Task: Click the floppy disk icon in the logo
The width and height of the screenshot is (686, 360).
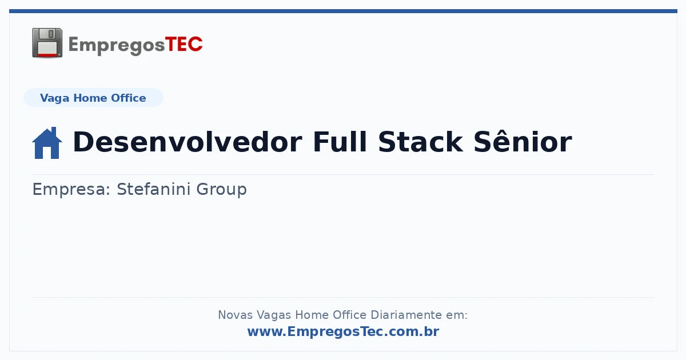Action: pos(47,43)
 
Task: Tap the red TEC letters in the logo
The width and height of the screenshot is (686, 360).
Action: pos(184,45)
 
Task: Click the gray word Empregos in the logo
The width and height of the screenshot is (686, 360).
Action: pos(117,46)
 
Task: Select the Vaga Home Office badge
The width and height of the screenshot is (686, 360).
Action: pos(93,98)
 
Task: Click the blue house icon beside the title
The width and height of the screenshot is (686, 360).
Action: pos(47,143)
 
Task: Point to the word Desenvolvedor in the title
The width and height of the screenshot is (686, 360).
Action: pos(188,142)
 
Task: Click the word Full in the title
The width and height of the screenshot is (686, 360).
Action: pos(340,142)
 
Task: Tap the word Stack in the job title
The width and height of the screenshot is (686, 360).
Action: pos(421,142)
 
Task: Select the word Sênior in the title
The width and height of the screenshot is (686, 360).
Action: pos(523,141)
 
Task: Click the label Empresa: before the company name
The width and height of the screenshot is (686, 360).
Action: pos(71,190)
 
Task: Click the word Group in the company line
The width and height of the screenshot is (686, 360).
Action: pos(221,190)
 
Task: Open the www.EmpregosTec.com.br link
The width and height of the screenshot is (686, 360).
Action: pos(344,331)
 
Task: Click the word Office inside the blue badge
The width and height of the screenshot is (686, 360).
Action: pos(128,98)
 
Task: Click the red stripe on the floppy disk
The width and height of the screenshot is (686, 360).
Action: pos(47,55)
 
